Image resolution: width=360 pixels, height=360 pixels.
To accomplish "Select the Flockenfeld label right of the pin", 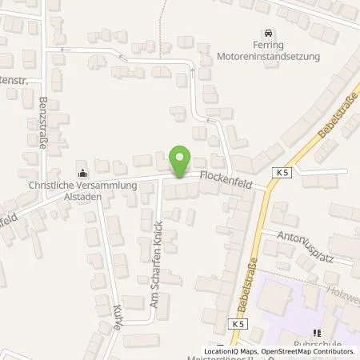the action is tap(226, 173).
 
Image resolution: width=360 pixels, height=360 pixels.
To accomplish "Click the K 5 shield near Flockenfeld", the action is tap(278, 173).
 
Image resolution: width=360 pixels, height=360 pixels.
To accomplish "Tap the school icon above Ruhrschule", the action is tap(317, 333).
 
